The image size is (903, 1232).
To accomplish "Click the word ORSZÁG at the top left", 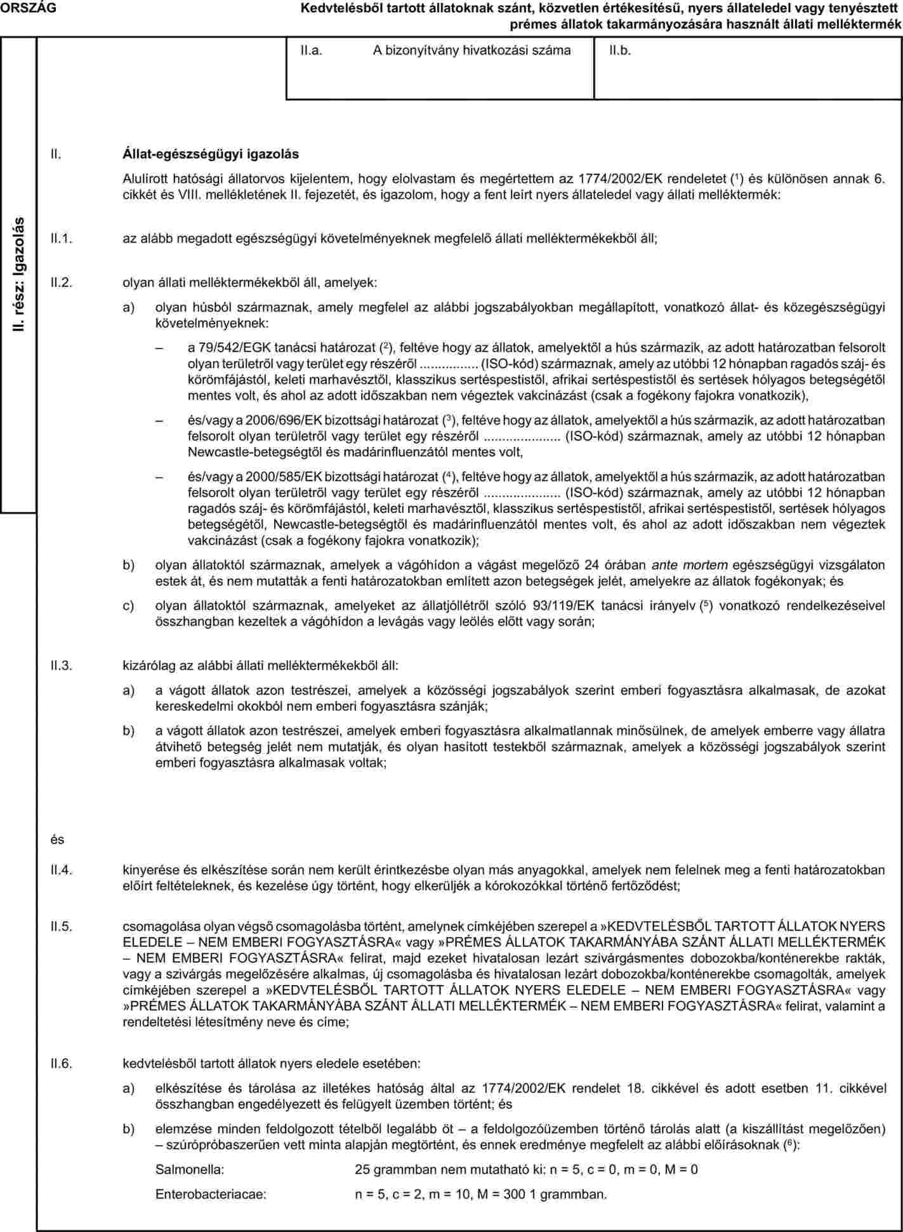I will (28, 8).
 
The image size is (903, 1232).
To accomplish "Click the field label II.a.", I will (311, 50).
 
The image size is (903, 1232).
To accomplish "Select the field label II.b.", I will (620, 50).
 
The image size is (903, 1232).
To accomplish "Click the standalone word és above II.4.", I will (58, 840).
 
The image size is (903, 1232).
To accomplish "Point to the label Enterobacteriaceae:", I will (211, 1194).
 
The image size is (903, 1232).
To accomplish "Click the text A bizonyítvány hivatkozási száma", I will (471, 50).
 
